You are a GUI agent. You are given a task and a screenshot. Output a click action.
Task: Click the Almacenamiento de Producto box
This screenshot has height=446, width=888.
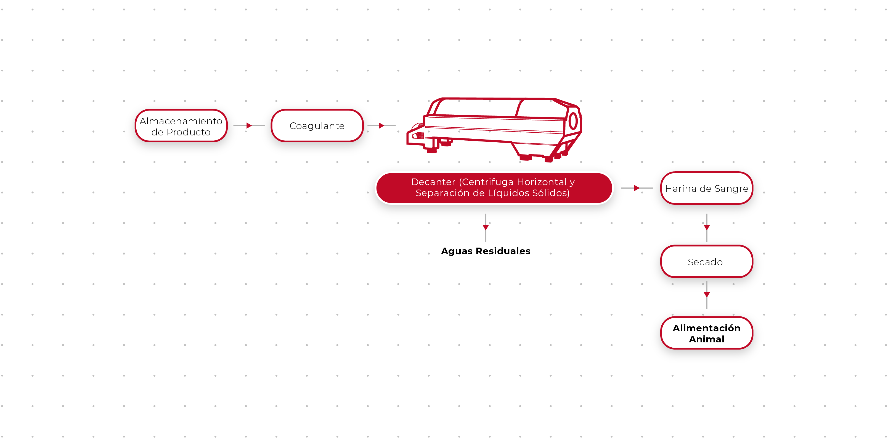[181, 126]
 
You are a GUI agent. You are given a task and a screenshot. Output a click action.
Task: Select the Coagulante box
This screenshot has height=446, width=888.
[317, 126]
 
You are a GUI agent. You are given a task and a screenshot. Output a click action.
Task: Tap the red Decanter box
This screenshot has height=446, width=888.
[494, 188]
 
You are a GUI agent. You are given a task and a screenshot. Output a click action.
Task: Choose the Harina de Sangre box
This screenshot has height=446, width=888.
[706, 188]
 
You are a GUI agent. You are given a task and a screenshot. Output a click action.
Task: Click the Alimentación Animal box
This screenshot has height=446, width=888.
[706, 333]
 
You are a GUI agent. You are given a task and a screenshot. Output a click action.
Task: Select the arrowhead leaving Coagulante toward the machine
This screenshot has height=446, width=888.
[381, 126]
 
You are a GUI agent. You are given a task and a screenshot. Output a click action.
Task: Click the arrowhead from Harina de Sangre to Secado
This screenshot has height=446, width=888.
[707, 227]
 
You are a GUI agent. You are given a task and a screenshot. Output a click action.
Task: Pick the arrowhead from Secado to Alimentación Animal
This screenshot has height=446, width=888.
[707, 295]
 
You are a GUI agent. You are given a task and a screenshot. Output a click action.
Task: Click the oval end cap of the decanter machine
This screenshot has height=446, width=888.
[573, 121]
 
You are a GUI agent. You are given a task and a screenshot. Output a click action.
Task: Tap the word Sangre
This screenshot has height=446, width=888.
[731, 188]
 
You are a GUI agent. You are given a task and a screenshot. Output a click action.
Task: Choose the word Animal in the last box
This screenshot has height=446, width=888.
[706, 339]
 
